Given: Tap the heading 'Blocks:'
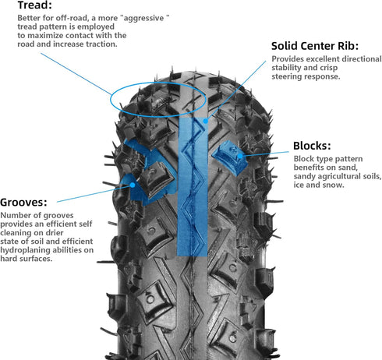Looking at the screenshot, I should (x=311, y=146).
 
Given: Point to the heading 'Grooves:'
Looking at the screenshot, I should (x=26, y=200).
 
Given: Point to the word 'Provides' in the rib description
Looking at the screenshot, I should (x=290, y=59).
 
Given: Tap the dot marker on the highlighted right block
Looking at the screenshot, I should (x=242, y=156).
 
